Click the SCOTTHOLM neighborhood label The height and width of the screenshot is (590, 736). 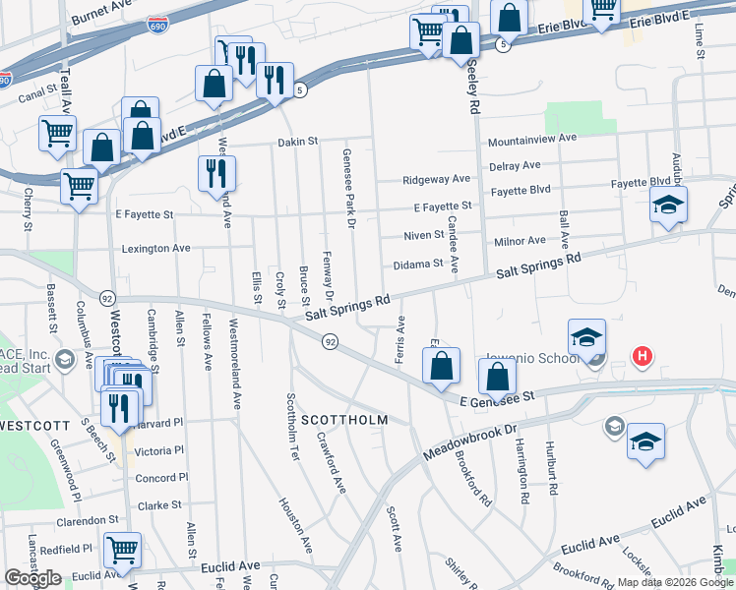(344, 420)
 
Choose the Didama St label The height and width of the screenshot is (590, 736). (418, 264)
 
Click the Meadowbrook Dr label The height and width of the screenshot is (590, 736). (470, 443)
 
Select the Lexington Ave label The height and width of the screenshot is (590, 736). (155, 249)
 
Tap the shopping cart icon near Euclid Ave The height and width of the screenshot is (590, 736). (122, 550)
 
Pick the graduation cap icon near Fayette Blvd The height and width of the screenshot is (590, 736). (668, 206)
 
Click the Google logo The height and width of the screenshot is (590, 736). (32, 578)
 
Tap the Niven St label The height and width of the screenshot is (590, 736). (424, 235)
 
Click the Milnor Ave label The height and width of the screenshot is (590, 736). (520, 241)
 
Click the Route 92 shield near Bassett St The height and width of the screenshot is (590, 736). (107, 297)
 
